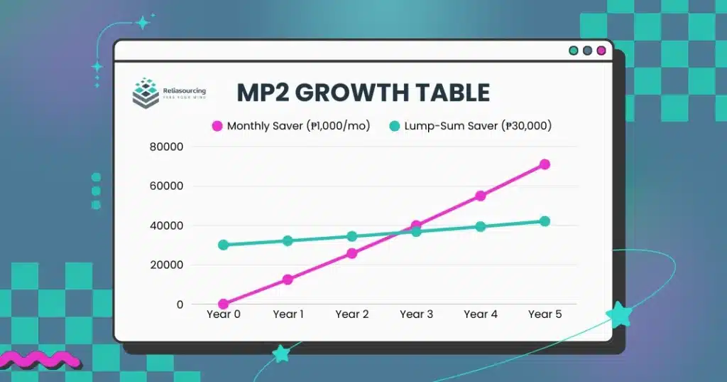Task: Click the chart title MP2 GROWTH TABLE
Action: (363, 93)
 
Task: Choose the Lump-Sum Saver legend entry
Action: (471, 127)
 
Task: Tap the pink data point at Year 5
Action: (545, 164)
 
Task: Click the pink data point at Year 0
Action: (224, 304)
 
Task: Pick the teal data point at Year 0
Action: (224, 245)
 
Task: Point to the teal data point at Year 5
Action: (545, 221)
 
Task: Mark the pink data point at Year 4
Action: (481, 196)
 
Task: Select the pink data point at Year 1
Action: (288, 280)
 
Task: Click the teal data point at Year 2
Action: (352, 236)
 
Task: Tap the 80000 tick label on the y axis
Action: (167, 147)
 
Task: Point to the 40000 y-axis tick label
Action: (167, 226)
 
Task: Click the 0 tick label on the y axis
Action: (180, 304)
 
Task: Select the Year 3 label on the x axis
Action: (416, 314)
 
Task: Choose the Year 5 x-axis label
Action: (545, 314)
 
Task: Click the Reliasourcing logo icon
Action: (146, 92)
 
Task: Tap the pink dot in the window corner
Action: (601, 51)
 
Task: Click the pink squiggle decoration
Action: (38, 359)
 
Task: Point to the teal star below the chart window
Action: (281, 353)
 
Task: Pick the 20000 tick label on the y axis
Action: (167, 265)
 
